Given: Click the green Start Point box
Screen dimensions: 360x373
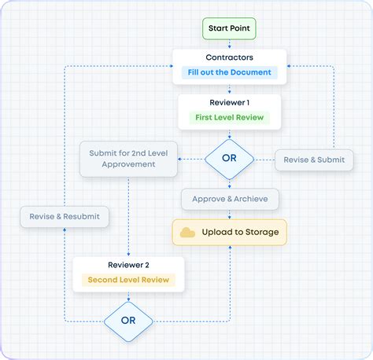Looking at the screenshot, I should [x=229, y=29].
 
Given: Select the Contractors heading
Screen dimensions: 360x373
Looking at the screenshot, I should [x=229, y=57].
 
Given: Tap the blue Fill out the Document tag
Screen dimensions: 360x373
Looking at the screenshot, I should [x=229, y=72].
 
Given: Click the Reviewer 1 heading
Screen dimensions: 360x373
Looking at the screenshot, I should [x=229, y=103].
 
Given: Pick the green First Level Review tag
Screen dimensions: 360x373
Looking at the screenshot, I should [x=229, y=118].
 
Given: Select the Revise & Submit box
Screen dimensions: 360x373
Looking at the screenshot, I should [x=314, y=160].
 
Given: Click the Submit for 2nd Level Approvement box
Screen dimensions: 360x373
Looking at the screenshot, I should [x=127, y=159].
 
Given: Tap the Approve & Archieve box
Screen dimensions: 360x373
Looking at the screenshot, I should [x=229, y=199].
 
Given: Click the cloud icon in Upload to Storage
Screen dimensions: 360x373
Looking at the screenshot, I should [x=188, y=233].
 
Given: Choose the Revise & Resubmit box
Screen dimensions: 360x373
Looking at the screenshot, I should [x=65, y=216].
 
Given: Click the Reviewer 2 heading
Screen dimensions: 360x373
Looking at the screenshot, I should [x=128, y=265].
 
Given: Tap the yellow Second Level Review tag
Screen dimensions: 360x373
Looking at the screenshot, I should [x=128, y=280].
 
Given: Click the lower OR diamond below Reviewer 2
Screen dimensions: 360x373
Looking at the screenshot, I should [x=128, y=321].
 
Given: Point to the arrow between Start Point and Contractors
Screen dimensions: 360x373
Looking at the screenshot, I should [x=229, y=44].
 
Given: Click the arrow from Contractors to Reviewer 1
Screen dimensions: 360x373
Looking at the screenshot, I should [x=229, y=90].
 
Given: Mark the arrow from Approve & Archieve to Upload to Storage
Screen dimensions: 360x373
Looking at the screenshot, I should [x=229, y=215].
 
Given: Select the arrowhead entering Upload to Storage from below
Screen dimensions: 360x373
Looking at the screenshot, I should [x=229, y=248].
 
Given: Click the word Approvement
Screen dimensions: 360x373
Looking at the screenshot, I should [x=127, y=165].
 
